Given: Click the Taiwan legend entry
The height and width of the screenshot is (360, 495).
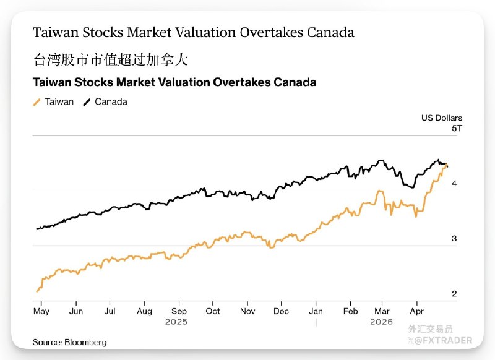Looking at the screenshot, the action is pyautogui.click(x=53, y=102).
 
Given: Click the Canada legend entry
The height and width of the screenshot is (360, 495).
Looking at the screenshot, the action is pyautogui.click(x=105, y=102).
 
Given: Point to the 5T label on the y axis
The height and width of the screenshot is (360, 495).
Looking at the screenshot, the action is pyautogui.click(x=457, y=129).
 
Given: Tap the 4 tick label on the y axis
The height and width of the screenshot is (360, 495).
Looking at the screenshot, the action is pyautogui.click(x=454, y=183).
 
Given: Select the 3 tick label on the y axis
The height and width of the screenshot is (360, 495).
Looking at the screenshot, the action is pyautogui.click(x=454, y=239).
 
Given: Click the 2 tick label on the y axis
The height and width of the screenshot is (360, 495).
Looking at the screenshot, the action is pyautogui.click(x=454, y=294).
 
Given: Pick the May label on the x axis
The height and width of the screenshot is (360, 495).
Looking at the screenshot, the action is pyautogui.click(x=41, y=312).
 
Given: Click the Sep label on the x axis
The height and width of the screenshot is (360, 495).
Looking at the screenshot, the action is pyautogui.click(x=179, y=311).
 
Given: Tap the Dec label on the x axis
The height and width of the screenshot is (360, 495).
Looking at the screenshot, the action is pyautogui.click(x=281, y=311).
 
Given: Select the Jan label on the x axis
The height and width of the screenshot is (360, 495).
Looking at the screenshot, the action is pyautogui.click(x=316, y=311).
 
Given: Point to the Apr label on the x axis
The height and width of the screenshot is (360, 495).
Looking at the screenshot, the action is pyautogui.click(x=416, y=312).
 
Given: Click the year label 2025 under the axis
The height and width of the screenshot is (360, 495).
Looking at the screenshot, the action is pyautogui.click(x=176, y=322).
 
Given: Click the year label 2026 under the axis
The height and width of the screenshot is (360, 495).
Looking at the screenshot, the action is pyautogui.click(x=381, y=322).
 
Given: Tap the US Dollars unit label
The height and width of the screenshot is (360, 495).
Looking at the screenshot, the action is pyautogui.click(x=442, y=118).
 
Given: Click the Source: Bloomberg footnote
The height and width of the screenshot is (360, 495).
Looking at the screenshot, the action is pyautogui.click(x=69, y=342).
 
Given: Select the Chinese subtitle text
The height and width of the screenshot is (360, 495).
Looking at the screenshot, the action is pyautogui.click(x=111, y=59).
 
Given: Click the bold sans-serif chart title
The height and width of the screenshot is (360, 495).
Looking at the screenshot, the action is pyautogui.click(x=174, y=82).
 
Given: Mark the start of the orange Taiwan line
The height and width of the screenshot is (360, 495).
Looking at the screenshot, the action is pyautogui.click(x=37, y=292).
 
